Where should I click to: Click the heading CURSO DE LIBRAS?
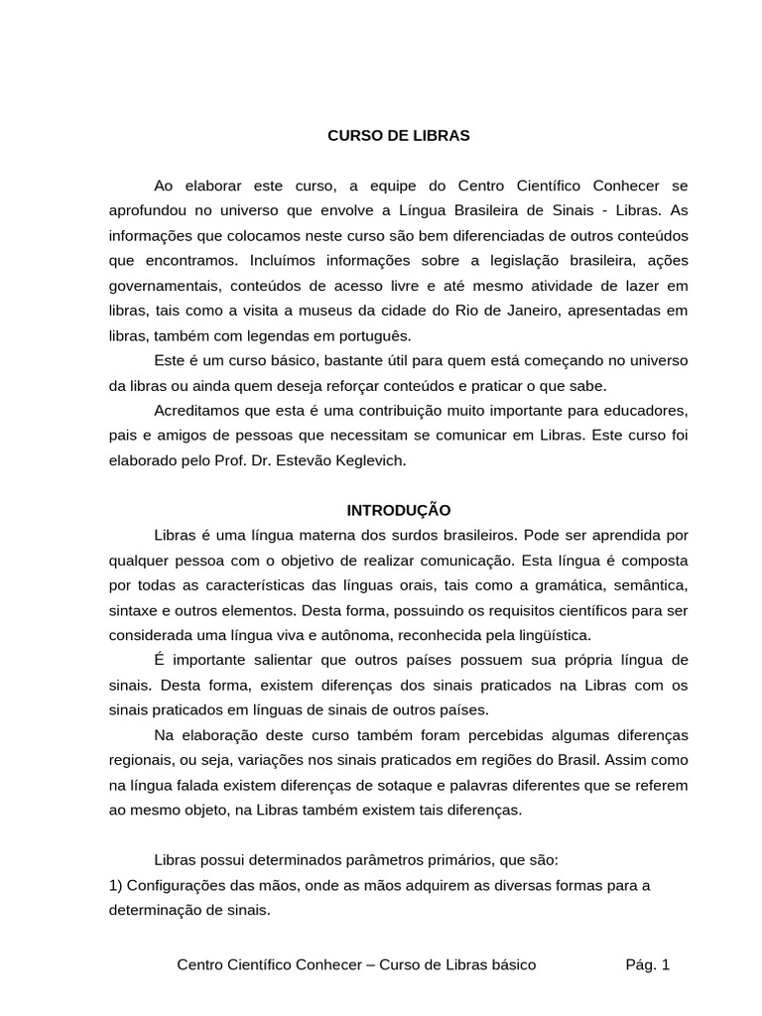coord(398,136)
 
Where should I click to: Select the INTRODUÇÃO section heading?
coord(398,510)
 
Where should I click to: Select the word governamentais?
coord(159,285)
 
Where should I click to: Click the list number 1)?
coord(116,885)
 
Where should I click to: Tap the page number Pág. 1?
coord(648,963)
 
